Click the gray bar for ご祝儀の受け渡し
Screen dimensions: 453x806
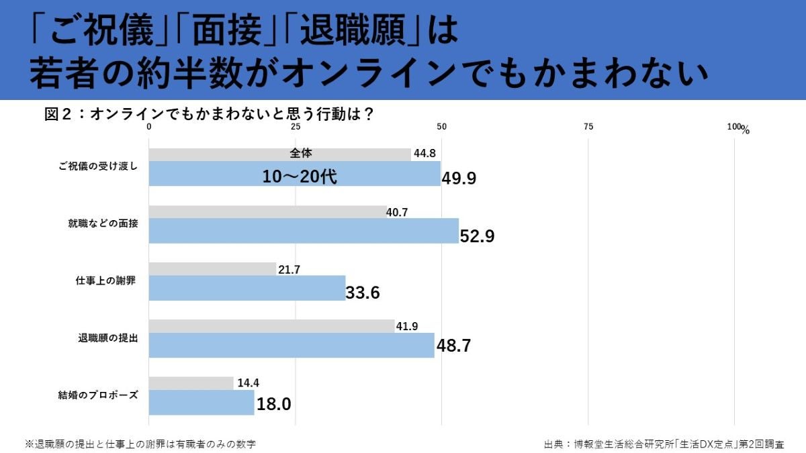pos(279,154)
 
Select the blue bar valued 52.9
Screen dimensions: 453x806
pos(304,231)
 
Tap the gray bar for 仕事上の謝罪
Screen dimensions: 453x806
pos(212,269)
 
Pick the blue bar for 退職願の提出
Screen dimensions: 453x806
pos(292,345)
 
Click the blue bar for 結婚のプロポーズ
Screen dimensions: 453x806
pos(201,403)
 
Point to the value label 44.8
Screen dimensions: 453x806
pos(425,154)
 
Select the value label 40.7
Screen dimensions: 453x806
pos(397,212)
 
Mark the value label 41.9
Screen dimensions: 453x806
pos(407,327)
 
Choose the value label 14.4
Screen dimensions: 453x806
pos(247,383)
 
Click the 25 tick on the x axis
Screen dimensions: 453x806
pos(296,127)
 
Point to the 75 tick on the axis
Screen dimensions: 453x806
pos(588,127)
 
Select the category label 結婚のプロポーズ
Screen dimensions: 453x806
pos(98,395)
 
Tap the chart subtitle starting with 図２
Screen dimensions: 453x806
pos(209,114)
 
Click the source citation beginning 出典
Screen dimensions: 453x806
pos(664,444)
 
